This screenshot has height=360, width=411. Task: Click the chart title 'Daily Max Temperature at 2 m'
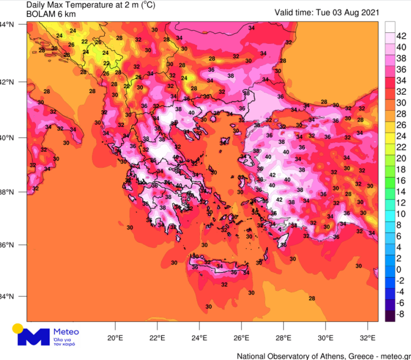tap(70, 5)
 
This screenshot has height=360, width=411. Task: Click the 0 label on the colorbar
tap(398, 270)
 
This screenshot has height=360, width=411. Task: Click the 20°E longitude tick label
tap(115, 338)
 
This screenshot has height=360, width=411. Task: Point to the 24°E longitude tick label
tap(199, 338)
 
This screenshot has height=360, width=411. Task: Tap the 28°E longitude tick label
tap(284, 338)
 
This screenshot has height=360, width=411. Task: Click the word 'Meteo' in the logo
tap(67, 331)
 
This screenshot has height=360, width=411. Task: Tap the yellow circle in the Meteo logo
tap(18, 328)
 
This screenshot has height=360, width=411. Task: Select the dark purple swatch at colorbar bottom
tap(390, 316)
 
